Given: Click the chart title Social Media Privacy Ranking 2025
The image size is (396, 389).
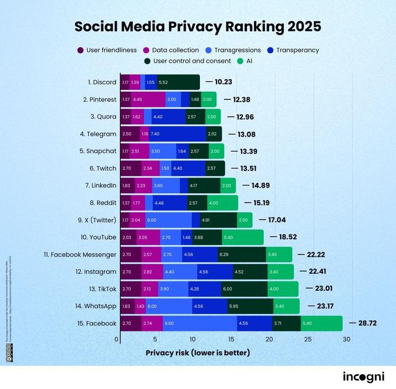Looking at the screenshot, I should (x=198, y=27).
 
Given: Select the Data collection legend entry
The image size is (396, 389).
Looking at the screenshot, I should (x=171, y=50).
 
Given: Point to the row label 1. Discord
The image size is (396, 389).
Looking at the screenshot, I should (x=102, y=82).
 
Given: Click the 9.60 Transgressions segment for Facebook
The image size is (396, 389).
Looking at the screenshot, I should (x=199, y=323).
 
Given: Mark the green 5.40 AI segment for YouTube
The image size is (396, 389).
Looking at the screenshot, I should (x=242, y=237).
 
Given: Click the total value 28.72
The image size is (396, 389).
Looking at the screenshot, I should (x=366, y=323).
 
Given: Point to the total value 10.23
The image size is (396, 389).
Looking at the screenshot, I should (x=223, y=82).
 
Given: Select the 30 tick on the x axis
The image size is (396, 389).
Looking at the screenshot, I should (x=346, y=339).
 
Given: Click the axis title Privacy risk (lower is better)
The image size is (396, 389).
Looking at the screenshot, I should (x=197, y=353).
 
